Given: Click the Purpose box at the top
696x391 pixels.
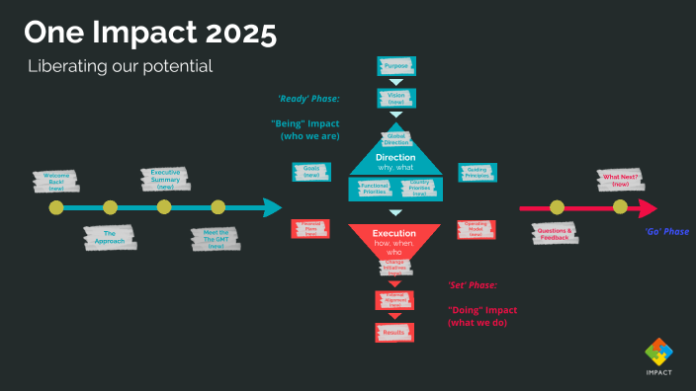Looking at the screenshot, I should tap(396, 66).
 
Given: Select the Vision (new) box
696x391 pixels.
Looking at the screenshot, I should tap(396, 98).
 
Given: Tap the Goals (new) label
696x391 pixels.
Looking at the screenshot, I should tap(311, 172).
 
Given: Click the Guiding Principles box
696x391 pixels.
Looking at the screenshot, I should tap(478, 172).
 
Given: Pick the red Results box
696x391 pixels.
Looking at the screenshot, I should tap(395, 332).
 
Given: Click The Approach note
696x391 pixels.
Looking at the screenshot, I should tap(110, 237).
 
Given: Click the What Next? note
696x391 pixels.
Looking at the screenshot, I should tap(621, 181).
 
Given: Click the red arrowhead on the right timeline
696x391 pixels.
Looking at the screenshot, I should tap(648, 208).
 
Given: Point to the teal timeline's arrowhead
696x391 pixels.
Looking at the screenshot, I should tap(273, 207).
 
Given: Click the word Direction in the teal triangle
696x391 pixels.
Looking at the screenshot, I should tap(395, 158).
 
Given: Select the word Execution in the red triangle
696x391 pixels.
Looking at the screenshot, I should tap(395, 233).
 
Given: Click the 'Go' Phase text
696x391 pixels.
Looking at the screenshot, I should tap(666, 231).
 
